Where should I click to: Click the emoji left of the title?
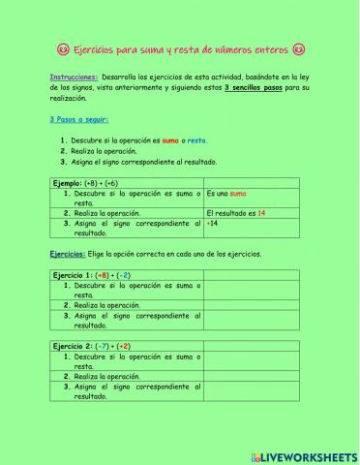click(62, 48)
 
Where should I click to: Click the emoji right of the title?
click(298, 48)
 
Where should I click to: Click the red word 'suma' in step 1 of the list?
click(171, 140)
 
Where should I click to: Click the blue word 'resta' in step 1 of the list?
click(198, 140)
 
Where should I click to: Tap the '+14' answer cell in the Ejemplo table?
click(213, 223)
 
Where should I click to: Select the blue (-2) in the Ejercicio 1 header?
click(125, 275)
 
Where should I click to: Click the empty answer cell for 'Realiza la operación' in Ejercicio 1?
click(258, 304)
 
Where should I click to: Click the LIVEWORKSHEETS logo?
click(302, 455)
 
